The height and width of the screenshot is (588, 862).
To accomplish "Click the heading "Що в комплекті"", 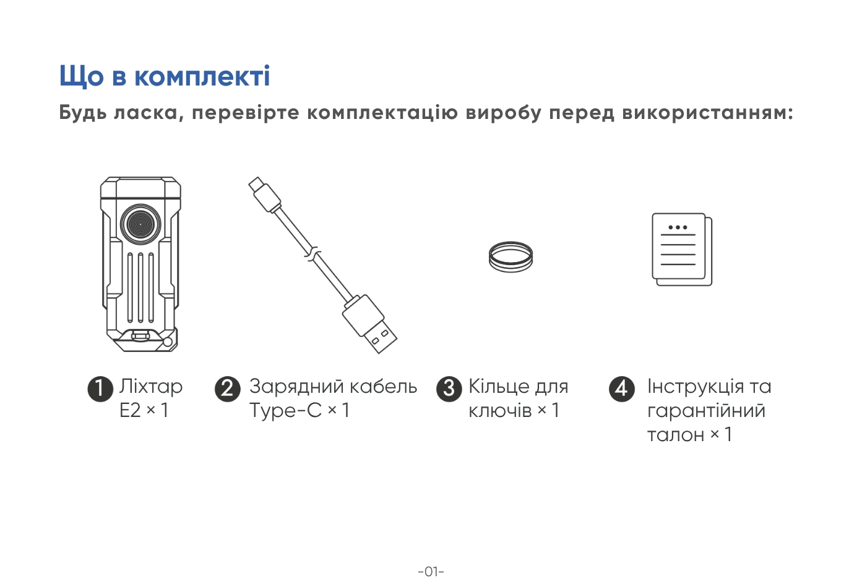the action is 165,76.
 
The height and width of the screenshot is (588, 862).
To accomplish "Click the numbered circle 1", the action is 100,388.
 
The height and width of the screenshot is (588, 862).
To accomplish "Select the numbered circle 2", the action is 228,388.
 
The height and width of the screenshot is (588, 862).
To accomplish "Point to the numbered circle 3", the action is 449,388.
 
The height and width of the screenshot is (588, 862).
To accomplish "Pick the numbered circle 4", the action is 622,388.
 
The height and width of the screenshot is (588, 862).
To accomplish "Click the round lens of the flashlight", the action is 140,224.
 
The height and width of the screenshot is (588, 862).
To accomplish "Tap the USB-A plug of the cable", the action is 370,324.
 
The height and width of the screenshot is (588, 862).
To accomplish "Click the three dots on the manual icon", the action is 678,227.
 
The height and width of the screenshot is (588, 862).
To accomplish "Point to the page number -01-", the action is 431,571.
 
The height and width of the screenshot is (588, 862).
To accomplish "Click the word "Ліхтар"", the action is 151,387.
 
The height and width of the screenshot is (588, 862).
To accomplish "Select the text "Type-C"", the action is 285,411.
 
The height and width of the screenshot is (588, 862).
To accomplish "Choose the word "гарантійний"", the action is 706,411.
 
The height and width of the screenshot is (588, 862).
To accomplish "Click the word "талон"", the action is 676,435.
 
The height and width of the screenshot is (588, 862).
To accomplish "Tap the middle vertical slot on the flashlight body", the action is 140,287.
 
